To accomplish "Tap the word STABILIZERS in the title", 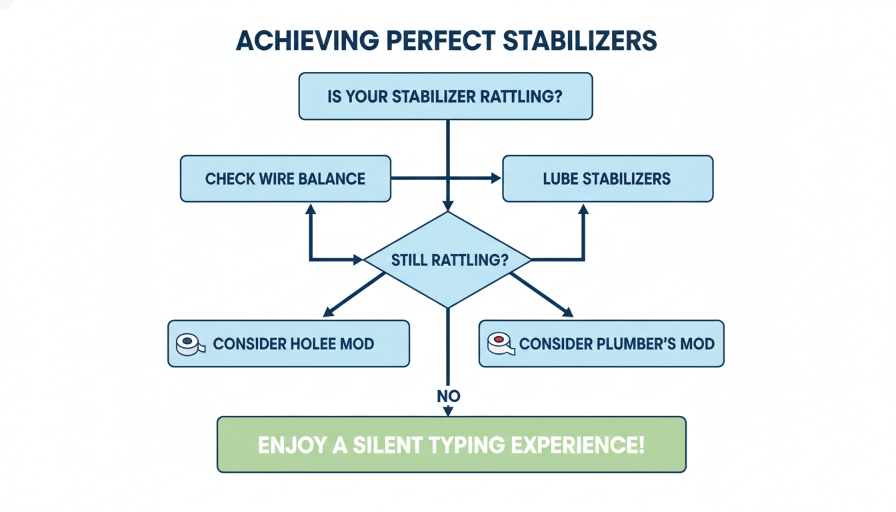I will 579,41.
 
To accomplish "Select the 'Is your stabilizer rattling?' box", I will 445,96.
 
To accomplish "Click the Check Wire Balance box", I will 285,179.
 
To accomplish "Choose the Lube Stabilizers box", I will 607,179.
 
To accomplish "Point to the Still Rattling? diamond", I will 449,260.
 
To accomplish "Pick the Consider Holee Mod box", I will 289,344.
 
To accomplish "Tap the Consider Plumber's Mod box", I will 601,344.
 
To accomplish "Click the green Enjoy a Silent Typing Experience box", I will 451,445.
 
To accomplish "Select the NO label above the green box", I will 449,396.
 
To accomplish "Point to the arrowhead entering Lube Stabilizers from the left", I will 496,179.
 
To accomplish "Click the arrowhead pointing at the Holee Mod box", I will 327,312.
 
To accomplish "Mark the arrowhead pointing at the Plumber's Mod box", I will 568,312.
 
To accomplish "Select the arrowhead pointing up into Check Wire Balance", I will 310,209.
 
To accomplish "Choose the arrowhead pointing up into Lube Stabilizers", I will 583,209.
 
